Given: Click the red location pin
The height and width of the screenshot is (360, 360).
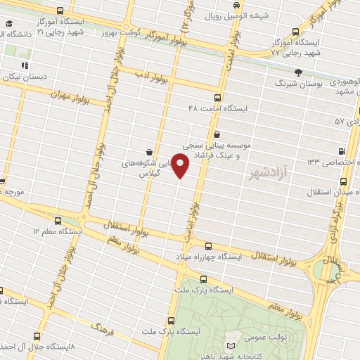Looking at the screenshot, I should click(181, 166).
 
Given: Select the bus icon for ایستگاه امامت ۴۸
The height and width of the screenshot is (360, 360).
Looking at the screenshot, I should click(217, 98).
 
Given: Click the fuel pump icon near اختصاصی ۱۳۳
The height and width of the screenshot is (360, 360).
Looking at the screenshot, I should click(342, 151).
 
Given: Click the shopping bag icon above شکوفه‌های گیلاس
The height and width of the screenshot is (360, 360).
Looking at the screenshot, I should click(149, 151).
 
